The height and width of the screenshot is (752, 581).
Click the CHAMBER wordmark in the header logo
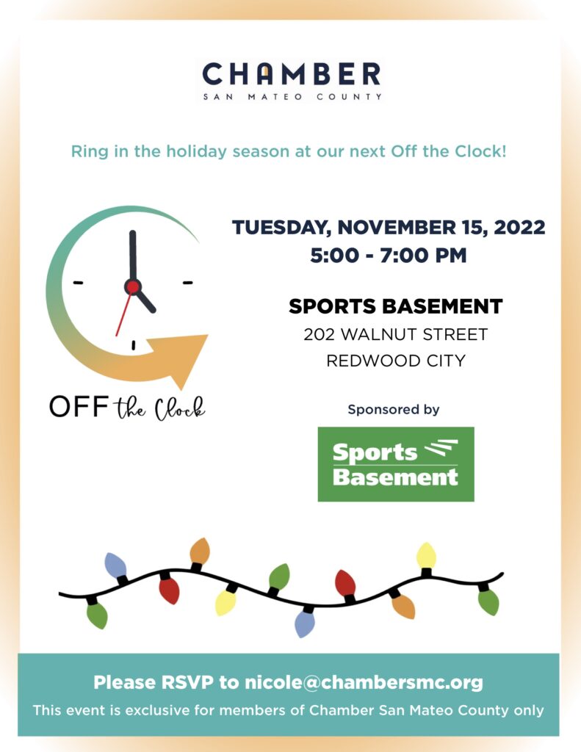tap(291, 74)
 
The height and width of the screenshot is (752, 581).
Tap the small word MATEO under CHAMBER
tap(275, 96)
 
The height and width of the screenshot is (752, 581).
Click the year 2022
tap(519, 228)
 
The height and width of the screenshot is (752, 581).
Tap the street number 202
tap(319, 334)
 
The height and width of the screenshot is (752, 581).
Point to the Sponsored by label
tap(394, 410)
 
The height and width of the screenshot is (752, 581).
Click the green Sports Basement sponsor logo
tap(396, 464)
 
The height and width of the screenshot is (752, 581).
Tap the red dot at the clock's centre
tap(132, 287)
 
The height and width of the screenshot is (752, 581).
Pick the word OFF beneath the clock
tap(79, 406)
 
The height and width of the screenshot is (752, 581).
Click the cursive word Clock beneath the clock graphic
tap(179, 408)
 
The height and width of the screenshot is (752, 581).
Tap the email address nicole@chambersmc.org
tap(364, 682)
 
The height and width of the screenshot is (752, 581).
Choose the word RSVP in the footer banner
tap(187, 682)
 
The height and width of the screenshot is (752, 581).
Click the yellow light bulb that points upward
tap(426, 557)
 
